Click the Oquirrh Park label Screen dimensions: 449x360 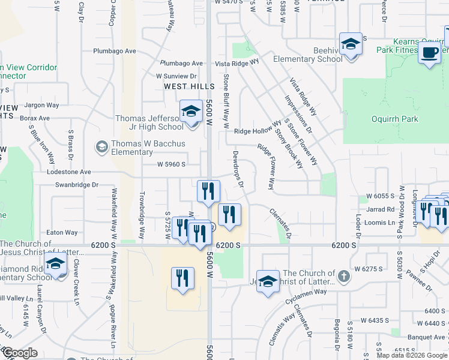pos(395,119)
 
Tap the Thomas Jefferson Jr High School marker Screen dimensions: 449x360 pos(191,112)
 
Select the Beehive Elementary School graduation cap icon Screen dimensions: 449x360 pos(351,44)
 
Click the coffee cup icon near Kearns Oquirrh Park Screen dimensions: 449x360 pos(429,52)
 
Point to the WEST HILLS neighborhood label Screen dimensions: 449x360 pos(190,87)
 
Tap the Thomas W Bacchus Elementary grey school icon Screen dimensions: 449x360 pos(101,146)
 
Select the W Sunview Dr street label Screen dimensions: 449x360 pos(176,76)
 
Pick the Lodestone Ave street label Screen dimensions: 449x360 pos(69,172)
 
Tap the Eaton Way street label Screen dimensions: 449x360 pos(62,232)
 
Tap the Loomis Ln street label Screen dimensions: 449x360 pos(380,223)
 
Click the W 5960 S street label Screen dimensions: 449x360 pos(171,164)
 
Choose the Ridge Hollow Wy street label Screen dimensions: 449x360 pos(258,130)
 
